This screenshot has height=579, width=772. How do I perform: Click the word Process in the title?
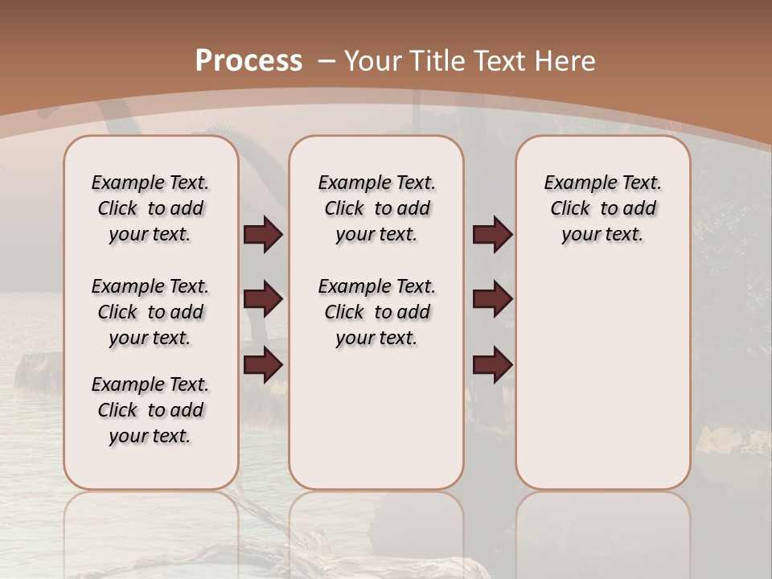point(248,61)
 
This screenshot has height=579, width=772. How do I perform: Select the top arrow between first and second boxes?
point(263,235)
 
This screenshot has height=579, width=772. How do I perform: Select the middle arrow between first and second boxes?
point(263,300)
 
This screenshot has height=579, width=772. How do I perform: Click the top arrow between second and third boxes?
point(492,235)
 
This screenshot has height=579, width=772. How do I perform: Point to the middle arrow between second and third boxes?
point(492,300)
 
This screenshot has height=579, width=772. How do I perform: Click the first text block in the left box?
point(150,208)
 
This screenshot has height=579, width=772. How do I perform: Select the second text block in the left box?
point(150,312)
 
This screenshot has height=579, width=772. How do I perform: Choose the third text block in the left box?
point(150,410)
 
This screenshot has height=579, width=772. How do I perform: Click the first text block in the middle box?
point(376,208)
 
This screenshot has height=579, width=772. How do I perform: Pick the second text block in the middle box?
point(376,312)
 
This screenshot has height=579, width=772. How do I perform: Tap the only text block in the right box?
point(603,208)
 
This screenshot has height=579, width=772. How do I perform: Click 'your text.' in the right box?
point(602,235)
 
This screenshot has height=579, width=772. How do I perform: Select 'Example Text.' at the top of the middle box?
point(376,183)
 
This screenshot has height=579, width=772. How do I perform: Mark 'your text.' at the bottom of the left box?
point(150,436)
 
